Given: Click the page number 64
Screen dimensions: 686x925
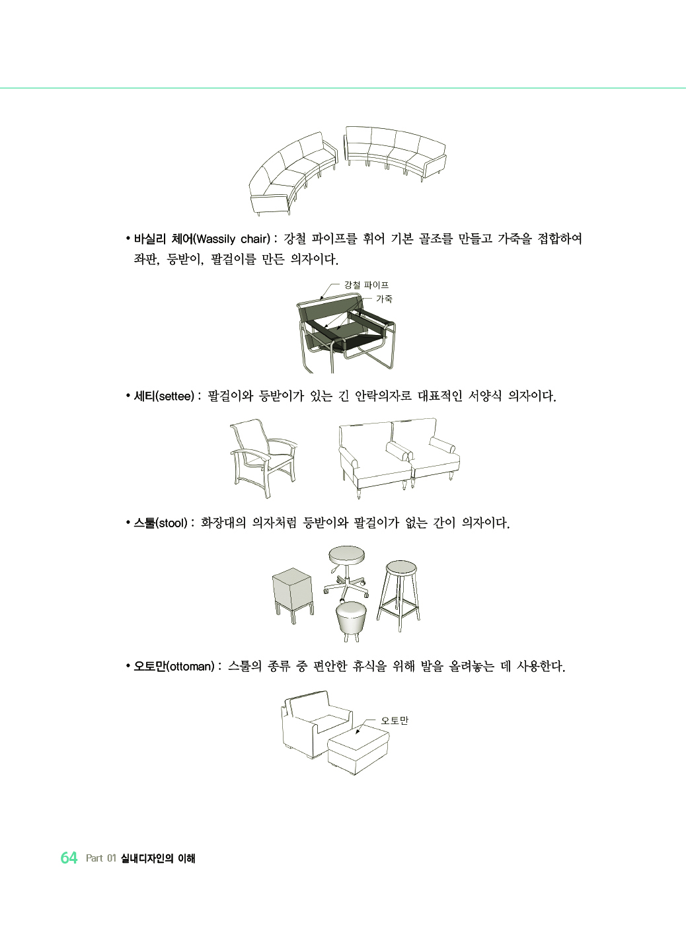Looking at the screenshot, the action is click(x=69, y=858).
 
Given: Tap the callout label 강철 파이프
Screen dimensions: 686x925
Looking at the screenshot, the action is click(x=366, y=285).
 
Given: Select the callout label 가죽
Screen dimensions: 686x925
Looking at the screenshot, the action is click(x=385, y=299).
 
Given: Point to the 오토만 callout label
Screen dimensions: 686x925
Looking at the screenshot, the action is click(x=395, y=720).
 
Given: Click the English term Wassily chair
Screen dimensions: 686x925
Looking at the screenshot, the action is click(x=233, y=239).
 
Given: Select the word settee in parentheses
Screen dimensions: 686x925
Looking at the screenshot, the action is click(x=175, y=396).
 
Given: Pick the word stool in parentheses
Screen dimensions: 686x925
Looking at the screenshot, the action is click(x=172, y=523).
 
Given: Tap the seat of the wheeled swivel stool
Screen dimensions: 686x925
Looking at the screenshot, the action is click(x=346, y=555).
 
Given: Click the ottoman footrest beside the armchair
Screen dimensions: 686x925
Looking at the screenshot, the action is click(x=358, y=749).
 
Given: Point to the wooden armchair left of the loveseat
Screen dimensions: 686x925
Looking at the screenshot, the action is click(x=264, y=458).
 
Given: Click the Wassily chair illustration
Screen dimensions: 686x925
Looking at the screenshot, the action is click(x=346, y=332).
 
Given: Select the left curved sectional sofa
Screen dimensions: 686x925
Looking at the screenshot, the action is click(x=293, y=173).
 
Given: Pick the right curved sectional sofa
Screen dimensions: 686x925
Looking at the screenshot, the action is click(x=395, y=153).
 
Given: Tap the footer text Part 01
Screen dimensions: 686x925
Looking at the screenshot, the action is click(x=100, y=858).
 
